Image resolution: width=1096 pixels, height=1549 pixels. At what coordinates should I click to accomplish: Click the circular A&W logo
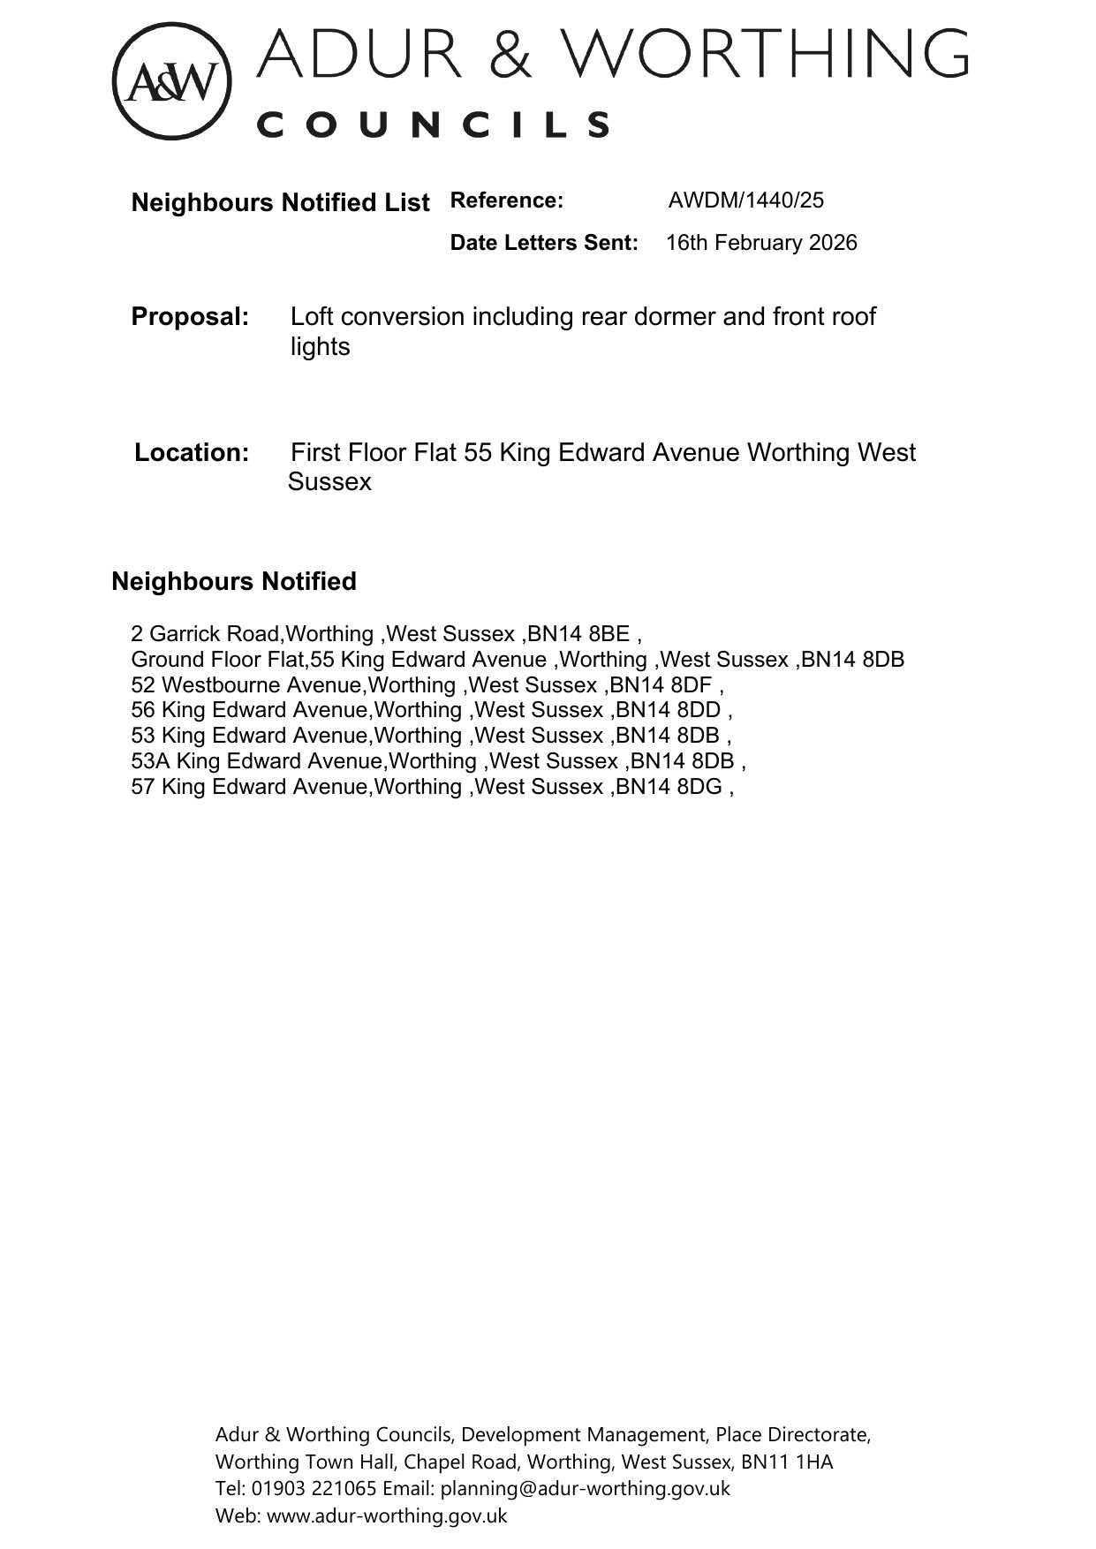[171, 81]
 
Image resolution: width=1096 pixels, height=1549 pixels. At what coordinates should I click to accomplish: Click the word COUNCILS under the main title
[434, 125]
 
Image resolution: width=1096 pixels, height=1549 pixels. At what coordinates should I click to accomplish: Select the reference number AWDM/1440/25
[745, 200]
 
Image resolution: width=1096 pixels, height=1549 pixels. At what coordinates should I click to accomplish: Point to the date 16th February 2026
[761, 243]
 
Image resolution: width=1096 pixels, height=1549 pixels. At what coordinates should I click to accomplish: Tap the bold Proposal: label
[190, 316]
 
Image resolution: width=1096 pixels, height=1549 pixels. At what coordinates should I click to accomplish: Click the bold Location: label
[192, 453]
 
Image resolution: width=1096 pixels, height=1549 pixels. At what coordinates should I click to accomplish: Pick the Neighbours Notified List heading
[280, 202]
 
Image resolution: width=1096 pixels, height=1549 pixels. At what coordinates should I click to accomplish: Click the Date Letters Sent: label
[543, 243]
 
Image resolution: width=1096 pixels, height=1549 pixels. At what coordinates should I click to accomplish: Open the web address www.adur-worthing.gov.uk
[387, 1515]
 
